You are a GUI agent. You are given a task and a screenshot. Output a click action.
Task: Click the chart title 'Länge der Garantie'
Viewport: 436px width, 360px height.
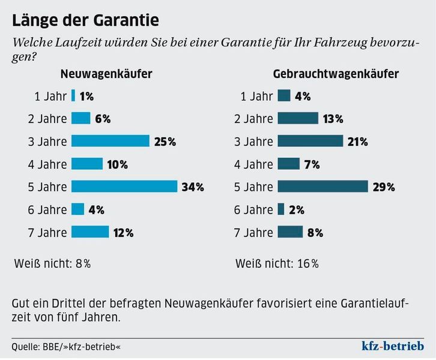[x=86, y=20]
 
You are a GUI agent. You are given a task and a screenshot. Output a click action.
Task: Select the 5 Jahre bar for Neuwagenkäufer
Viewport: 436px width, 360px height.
[x=124, y=187]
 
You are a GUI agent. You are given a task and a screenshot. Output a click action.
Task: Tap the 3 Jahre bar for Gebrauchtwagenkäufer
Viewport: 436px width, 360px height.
[x=310, y=141]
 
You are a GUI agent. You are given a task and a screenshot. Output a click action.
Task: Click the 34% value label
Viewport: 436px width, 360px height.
[x=193, y=187]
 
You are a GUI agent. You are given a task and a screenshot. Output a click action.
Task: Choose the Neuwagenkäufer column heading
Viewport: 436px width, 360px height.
[x=105, y=74]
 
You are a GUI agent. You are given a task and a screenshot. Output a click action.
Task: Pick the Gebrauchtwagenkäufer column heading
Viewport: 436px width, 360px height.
[x=336, y=74]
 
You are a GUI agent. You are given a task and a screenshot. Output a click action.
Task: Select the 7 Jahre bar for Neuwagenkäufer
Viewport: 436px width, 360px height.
[x=90, y=232]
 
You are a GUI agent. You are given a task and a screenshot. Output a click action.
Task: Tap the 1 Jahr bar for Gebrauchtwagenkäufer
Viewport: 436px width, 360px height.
[x=284, y=95]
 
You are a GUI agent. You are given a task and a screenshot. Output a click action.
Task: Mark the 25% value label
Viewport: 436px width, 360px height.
[x=164, y=142]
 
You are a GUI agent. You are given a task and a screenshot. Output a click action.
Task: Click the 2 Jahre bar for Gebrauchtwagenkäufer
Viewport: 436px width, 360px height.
[x=298, y=118]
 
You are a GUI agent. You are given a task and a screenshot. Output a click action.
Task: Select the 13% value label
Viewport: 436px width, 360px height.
[x=332, y=119]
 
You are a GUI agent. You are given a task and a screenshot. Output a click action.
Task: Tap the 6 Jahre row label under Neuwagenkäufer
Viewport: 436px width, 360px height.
[x=47, y=209]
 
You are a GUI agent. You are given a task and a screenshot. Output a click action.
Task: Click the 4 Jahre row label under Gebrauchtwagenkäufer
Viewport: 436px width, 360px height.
[x=253, y=164]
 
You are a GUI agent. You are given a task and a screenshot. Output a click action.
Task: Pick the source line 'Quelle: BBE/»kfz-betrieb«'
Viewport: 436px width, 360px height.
[x=61, y=347]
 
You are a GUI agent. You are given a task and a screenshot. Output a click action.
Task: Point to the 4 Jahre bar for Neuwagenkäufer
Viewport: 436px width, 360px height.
[x=87, y=164]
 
